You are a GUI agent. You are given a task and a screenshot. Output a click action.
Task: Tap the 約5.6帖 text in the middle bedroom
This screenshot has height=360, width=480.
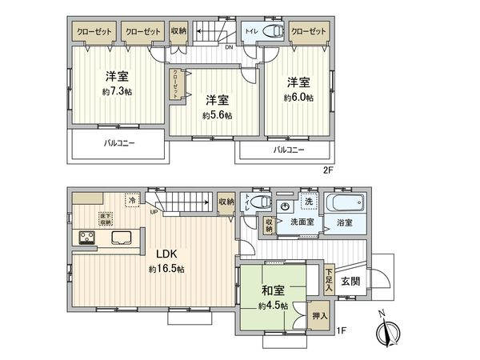click(x=218, y=115)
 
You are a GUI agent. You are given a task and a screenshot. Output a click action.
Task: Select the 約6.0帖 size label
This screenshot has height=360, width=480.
click(x=299, y=97)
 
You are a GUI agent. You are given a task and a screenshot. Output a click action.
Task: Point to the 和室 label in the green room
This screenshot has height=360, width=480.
click(x=272, y=291)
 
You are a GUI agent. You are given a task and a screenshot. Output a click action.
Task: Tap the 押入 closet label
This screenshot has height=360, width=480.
click(x=320, y=317)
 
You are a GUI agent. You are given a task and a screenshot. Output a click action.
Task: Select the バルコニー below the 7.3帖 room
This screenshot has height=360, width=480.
click(x=118, y=144)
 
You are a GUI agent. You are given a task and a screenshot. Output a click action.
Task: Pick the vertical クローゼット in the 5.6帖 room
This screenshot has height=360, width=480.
click(x=173, y=84)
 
